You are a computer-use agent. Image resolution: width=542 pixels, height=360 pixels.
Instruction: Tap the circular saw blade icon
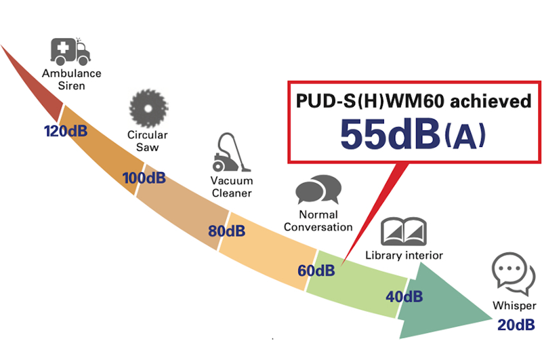click(x=148, y=108)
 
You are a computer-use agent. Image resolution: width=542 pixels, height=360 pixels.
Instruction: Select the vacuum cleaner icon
click(x=231, y=152)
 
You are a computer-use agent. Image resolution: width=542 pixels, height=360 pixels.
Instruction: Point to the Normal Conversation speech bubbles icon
click(x=318, y=190)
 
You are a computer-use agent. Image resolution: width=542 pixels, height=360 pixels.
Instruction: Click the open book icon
click(x=403, y=231)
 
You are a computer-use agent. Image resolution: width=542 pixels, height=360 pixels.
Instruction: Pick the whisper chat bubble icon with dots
click(x=514, y=273)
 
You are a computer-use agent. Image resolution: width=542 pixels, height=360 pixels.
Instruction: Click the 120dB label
click(x=66, y=131)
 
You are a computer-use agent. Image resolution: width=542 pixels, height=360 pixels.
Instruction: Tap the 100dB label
click(x=144, y=178)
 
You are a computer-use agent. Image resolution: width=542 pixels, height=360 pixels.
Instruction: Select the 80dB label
click(x=227, y=231)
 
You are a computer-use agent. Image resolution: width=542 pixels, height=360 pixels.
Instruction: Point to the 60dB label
click(x=316, y=271)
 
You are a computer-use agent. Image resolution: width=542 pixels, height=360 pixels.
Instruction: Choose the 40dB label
click(x=404, y=296)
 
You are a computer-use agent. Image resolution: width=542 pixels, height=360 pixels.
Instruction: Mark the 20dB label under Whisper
click(x=516, y=325)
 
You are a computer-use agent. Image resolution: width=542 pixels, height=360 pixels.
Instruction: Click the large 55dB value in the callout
click(x=390, y=134)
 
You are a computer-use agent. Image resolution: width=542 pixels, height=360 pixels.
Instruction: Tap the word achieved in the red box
click(x=491, y=101)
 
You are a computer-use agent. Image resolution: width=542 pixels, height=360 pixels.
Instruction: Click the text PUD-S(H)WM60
click(x=370, y=101)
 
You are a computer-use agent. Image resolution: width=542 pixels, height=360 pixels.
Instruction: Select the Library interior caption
click(x=404, y=255)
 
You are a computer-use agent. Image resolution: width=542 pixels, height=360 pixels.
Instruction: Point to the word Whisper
click(x=514, y=306)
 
